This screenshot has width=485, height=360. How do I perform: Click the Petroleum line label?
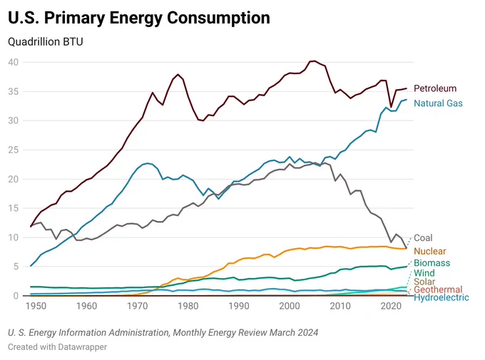tap(435, 88)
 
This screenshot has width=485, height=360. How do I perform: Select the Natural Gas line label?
tap(438, 103)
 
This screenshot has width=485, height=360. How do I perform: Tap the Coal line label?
tap(423, 238)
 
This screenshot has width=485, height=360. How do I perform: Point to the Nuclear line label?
tap(430, 251)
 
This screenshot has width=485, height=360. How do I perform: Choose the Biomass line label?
tap(432, 263)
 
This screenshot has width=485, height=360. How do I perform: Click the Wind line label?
tap(424, 273)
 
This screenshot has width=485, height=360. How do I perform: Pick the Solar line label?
tap(424, 282)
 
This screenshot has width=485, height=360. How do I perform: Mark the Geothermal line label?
tap(438, 289)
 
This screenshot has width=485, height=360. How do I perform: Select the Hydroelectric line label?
tap(441, 297)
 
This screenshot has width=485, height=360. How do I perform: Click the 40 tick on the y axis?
tap(14, 62)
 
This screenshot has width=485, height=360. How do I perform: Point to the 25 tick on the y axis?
tap(14, 150)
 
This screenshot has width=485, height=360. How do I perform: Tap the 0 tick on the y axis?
tap(16, 296)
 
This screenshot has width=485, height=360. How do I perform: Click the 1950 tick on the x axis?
tap(36, 307)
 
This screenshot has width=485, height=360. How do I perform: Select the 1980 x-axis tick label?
tap(188, 307)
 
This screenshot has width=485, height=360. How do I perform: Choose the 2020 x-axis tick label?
tap(391, 307)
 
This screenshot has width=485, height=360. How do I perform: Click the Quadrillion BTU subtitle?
tap(46, 42)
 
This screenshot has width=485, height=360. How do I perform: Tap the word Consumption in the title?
tap(218, 18)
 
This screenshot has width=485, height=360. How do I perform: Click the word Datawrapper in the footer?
tap(82, 347)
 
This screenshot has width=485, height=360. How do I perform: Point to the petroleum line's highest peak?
tap(315, 61)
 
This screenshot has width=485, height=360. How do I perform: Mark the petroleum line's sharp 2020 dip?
tap(391, 107)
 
